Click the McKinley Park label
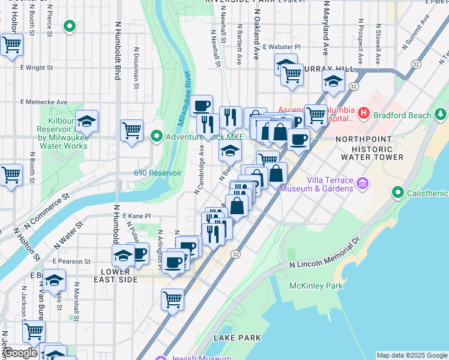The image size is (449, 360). coord(316,286)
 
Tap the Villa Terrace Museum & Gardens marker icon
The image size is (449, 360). coord(362,183)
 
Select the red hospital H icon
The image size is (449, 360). coord(363,113)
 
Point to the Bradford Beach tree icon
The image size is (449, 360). coord(442,114)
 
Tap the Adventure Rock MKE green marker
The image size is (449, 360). coord(157,137)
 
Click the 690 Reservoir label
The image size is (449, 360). coord(157,173)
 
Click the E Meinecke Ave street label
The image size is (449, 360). coord(46,102)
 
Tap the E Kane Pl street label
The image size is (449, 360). coord(136,215)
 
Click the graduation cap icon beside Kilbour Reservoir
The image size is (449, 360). coord(87,123)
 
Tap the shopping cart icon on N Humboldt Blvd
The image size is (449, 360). coord(131,130)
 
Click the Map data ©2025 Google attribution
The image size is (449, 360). coord(412,355)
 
